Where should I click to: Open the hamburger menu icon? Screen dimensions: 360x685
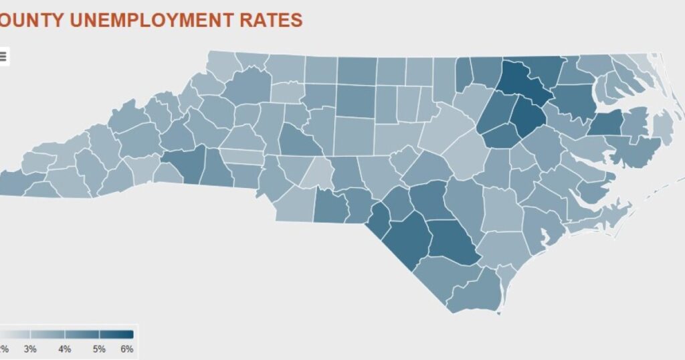coord(3,56)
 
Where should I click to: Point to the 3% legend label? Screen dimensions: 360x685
coord(30,349)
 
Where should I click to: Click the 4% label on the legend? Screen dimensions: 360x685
coord(65,349)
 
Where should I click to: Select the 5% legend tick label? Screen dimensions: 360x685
coord(99,349)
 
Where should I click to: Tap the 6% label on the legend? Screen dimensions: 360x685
coord(127,349)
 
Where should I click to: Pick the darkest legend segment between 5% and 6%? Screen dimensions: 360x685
coord(116,334)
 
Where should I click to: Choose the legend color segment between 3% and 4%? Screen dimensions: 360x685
coord(47,334)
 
